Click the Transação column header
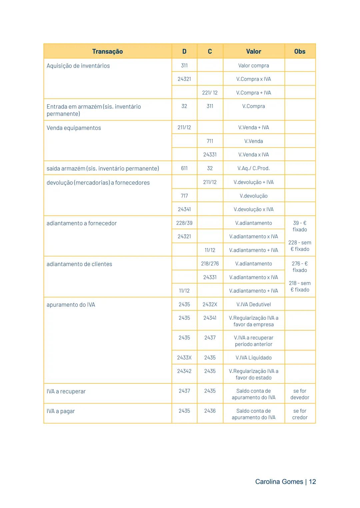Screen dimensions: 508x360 pos(107,51)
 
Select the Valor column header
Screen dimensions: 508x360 pos(253,51)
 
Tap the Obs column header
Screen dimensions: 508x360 pos(300,51)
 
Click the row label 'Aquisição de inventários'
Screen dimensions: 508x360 pos(78,66)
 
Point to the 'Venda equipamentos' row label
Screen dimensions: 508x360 pos(74,128)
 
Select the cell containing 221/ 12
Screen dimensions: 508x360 pos(210,93)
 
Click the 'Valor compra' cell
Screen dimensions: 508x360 pos(253,66)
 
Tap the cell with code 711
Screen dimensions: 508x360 pos(210,141)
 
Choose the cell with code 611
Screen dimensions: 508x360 pos(184,168)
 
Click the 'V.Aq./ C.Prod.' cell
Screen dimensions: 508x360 pos(253,168)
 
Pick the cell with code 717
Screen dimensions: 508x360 pos(184,196)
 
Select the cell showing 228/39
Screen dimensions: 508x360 pos(184,223)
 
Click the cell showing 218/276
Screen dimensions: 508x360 pos(210,263)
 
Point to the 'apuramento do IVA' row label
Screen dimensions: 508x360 pos(71,305)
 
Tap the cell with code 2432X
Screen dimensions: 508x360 pos(210,304)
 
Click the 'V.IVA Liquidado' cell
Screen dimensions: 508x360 pos(253,357)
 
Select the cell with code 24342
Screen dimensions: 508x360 pos(184,371)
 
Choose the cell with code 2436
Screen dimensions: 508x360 pos(210,411)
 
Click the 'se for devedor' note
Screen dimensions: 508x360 pos(300,394)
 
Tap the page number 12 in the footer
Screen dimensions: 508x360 pos(312,482)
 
